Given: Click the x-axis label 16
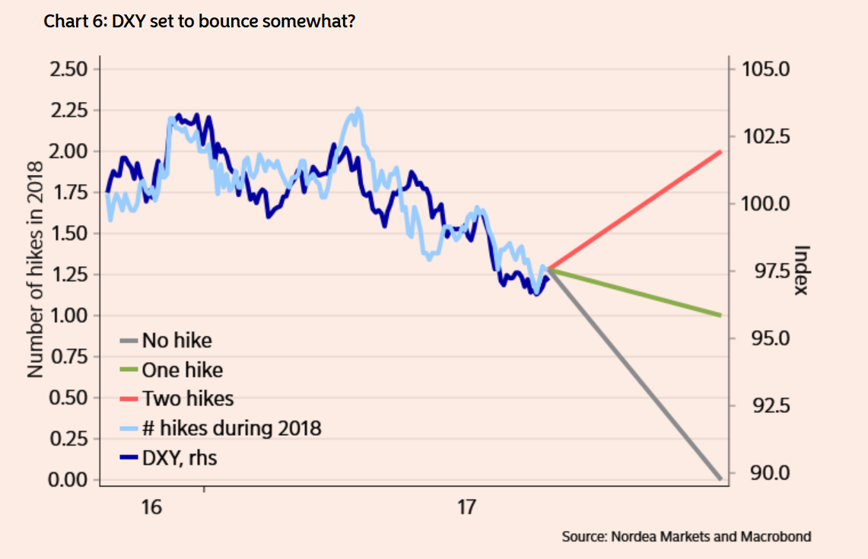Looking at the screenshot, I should [152, 507].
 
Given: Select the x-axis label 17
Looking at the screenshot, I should [466, 507].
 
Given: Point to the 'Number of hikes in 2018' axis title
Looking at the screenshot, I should [35, 271].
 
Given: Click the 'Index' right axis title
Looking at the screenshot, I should [800, 271].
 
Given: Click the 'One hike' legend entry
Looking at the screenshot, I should [182, 370].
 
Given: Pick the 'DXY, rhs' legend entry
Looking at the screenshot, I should [179, 458].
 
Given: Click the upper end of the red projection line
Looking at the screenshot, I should [719, 152].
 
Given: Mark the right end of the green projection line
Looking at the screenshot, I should [719, 316].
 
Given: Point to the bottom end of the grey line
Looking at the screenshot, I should [719, 478].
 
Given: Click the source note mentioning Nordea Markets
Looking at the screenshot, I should [686, 537].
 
